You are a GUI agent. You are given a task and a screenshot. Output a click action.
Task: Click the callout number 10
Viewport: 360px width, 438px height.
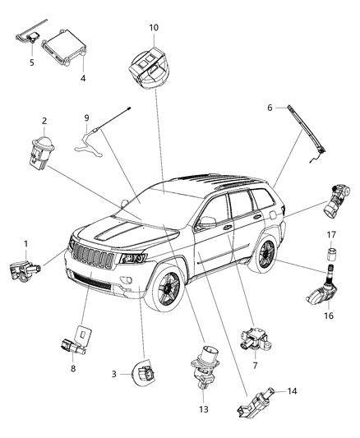pos(154,27)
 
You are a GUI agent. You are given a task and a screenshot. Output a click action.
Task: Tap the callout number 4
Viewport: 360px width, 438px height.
pos(82,79)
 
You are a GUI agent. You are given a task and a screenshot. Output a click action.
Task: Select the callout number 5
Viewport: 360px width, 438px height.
pos(32,62)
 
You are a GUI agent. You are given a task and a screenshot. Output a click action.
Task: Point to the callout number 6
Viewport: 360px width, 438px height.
pos(269,107)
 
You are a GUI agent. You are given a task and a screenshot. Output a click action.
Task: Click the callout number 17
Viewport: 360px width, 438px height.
pos(331,234)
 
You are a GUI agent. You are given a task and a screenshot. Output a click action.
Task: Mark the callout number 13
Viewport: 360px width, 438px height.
pos(204,408)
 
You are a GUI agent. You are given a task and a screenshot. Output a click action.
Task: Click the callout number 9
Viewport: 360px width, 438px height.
pos(86,117)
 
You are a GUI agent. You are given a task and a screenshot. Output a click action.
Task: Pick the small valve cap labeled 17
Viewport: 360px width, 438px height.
pos(331,250)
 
